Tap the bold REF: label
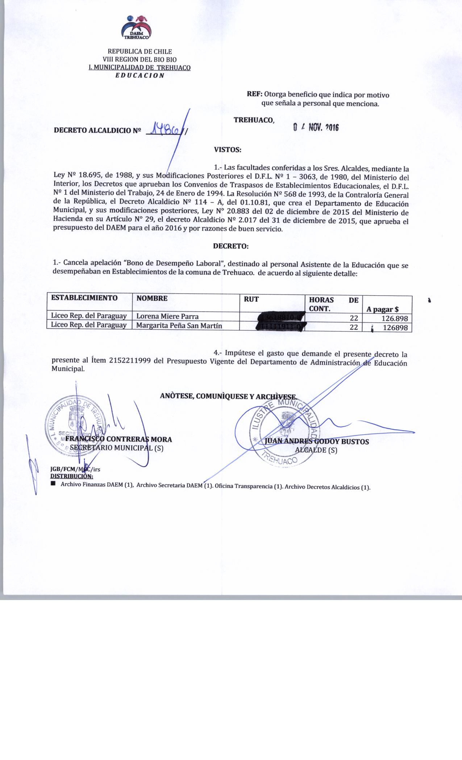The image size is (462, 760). [x=254, y=95]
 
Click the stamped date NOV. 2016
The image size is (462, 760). [x=316, y=127]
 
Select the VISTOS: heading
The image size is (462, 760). [x=227, y=149]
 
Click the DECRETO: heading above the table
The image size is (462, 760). [x=231, y=246]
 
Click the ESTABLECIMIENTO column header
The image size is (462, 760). [x=84, y=298]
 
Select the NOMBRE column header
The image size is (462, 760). [x=152, y=299]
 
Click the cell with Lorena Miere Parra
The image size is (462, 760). [x=167, y=316]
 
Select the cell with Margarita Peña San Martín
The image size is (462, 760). [x=179, y=326]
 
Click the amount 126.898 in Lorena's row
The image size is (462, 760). [x=395, y=318]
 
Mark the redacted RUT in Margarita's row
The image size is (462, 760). [x=280, y=328]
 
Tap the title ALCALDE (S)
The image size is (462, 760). [x=316, y=450]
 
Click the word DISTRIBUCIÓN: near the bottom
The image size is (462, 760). [x=71, y=476]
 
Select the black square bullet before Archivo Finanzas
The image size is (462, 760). [x=53, y=484]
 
